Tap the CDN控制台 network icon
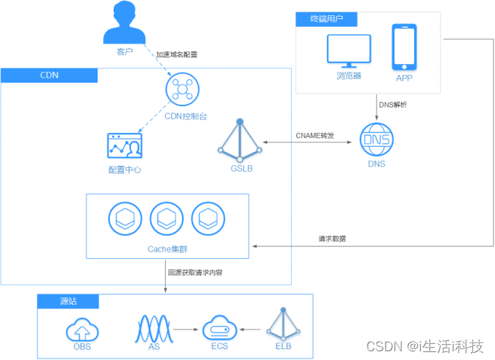[183, 89]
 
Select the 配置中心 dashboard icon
[124, 145]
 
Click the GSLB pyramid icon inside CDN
[240, 140]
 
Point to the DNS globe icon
[376, 140]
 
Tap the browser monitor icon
[349, 51]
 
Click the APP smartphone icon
[405, 47]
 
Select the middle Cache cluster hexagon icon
[167, 219]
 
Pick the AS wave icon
[154, 329]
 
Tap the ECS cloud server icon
[220, 328]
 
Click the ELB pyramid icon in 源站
[283, 324]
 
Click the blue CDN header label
[49, 76]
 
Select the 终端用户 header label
[326, 19]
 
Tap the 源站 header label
[68, 301]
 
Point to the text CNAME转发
[314, 136]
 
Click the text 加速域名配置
[177, 55]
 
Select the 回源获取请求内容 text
[195, 273]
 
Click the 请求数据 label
[332, 239]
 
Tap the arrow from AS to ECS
[186, 329]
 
